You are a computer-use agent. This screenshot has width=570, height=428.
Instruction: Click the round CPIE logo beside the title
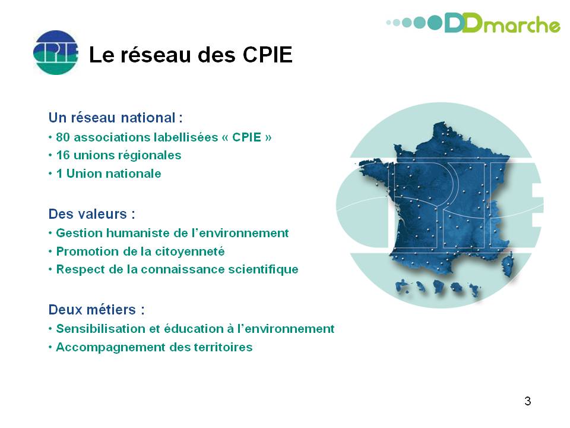(x=56, y=52)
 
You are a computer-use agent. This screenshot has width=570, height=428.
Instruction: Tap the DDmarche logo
(x=473, y=23)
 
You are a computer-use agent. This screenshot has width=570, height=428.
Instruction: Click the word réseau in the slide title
(x=156, y=55)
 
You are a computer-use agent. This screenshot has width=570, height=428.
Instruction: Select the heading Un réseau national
(x=116, y=118)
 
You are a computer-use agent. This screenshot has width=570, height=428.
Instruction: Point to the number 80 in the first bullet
(x=63, y=137)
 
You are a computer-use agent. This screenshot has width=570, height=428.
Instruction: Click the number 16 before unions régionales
(x=62, y=155)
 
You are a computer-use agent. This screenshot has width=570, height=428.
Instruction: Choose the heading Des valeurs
(x=92, y=214)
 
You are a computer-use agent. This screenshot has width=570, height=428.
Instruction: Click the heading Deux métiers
(x=97, y=310)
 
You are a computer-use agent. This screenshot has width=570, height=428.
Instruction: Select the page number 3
(x=528, y=401)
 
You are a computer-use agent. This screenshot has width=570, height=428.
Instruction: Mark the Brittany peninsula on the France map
(x=375, y=169)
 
